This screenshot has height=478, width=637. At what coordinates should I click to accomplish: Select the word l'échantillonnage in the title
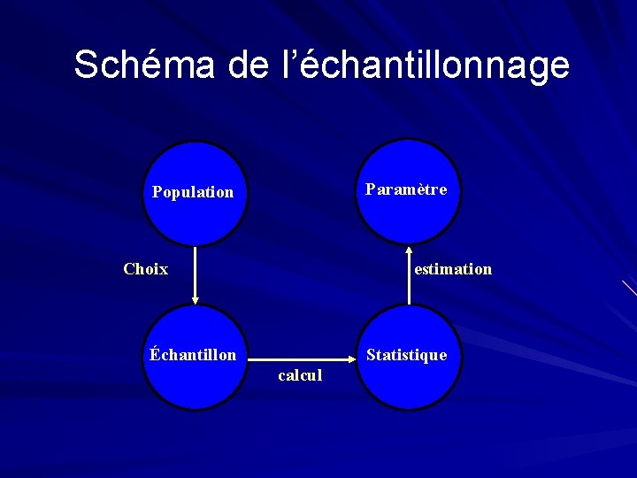420,65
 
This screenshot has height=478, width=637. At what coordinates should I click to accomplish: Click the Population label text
193,192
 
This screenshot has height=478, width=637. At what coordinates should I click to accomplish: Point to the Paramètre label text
406,189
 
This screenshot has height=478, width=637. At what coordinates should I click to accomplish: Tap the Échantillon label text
193,355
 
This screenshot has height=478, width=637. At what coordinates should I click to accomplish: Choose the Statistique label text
406,355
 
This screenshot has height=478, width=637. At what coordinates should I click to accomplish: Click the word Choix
146,269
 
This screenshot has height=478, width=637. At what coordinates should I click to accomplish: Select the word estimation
453,269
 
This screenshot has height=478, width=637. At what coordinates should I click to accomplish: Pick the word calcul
300,375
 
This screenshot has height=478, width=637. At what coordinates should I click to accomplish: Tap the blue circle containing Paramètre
408,217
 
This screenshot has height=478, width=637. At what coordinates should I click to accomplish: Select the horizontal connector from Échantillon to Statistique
301,358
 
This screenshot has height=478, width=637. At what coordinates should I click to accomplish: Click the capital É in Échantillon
155,354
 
